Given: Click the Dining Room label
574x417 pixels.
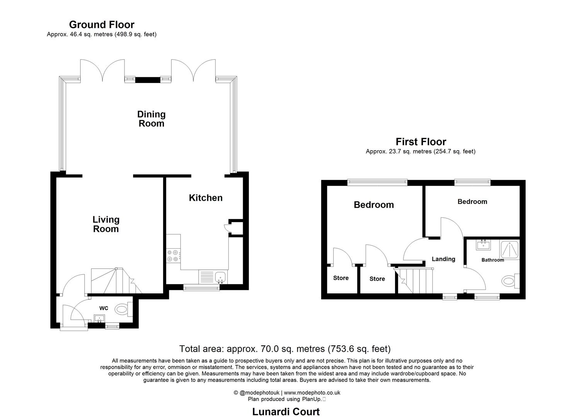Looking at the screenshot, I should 151,119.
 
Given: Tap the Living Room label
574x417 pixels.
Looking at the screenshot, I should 106,224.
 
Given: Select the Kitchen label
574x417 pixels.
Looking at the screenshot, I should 205,198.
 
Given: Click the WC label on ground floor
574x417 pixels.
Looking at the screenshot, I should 104,308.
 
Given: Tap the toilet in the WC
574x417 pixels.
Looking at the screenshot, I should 123,309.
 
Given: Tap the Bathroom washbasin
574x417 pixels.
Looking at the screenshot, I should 483,245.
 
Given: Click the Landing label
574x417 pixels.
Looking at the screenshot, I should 443,259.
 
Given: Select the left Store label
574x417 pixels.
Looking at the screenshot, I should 341,278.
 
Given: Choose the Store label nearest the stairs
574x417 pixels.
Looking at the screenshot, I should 377,279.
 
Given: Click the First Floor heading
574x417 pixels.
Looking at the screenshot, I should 421,142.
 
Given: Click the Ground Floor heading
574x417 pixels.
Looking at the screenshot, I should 102,25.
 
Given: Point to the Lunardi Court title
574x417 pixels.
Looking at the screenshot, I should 286,412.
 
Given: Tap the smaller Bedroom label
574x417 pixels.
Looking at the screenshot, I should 472,202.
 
